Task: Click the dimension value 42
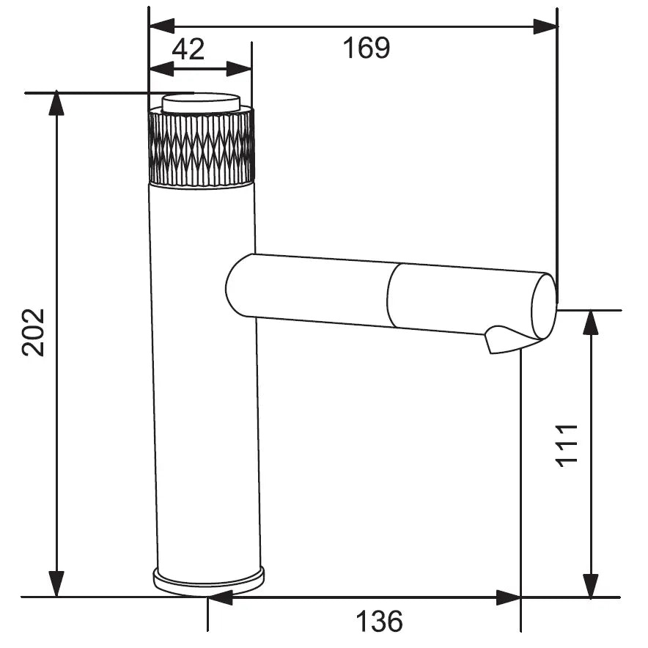click(188, 50)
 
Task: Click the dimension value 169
click(367, 48)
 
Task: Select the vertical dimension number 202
click(34, 332)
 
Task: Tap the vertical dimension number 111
click(567, 444)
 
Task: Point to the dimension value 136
click(379, 622)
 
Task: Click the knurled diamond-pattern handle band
click(202, 147)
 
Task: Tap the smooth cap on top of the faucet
click(201, 102)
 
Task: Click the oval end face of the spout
click(543, 305)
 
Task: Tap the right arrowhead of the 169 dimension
click(545, 27)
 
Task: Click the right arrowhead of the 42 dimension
click(240, 69)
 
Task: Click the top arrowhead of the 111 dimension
click(591, 323)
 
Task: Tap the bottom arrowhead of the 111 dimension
click(591, 585)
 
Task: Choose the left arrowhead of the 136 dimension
click(220, 597)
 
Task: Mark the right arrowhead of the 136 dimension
click(509, 597)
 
